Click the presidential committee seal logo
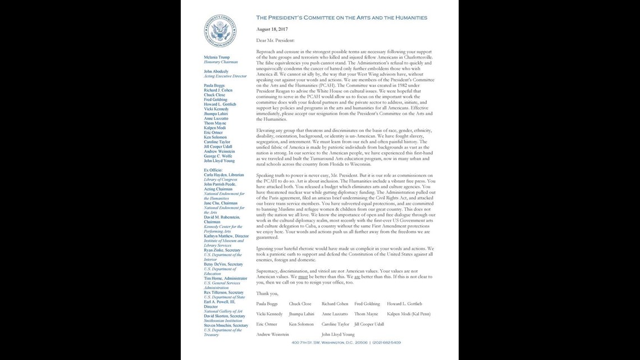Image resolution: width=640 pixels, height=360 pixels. pyautogui.click(x=220, y=31)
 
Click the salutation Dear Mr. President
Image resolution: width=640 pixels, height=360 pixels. pyautogui.click(x=275, y=40)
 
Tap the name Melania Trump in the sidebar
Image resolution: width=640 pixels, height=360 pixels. pyautogui.click(x=218, y=57)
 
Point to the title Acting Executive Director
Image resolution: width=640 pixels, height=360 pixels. pyautogui.click(x=225, y=76)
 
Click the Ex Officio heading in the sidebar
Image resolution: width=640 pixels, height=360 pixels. pyautogui.click(x=213, y=170)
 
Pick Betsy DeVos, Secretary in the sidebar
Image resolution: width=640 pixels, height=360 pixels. pyautogui.click(x=223, y=264)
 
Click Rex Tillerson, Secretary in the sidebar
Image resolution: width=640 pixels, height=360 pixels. pyautogui.click(x=224, y=292)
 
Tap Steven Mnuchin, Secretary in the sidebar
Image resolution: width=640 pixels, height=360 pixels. pyautogui.click(x=226, y=325)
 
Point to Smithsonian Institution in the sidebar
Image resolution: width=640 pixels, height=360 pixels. pyautogui.click(x=224, y=320)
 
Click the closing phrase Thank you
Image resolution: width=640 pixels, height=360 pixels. pyautogui.click(x=267, y=293)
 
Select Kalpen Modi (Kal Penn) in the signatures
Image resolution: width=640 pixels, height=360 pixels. pyautogui.click(x=409, y=314)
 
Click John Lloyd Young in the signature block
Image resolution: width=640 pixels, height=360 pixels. pyautogui.click(x=338, y=335)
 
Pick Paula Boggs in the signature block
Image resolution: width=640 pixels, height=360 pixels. pyautogui.click(x=267, y=304)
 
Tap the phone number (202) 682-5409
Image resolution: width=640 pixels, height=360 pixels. pyautogui.click(x=386, y=342)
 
